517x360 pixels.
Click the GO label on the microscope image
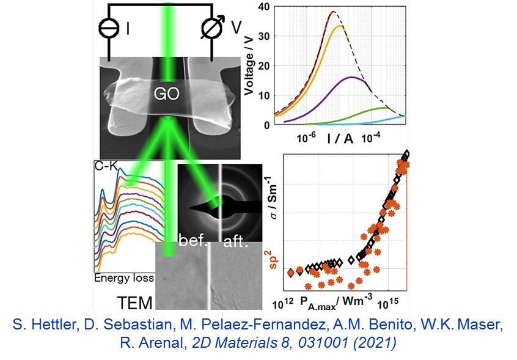pos(166,95)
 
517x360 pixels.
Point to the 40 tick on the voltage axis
pos(264,7)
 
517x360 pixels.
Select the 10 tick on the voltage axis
pos(264,96)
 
